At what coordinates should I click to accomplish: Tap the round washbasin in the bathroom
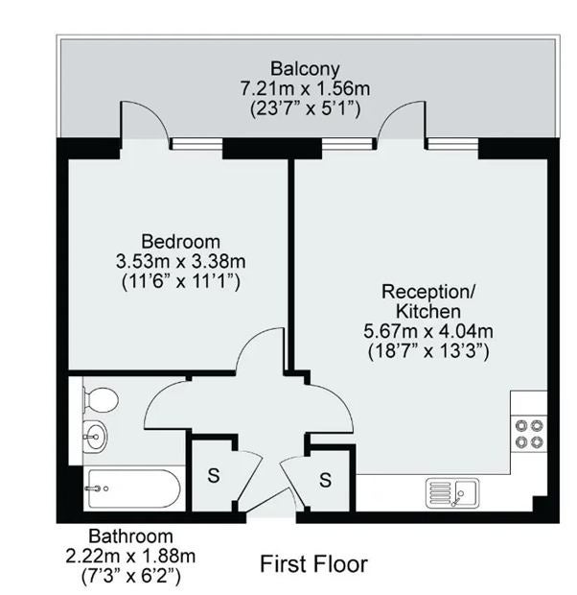(95, 437)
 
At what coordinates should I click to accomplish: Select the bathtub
(134, 488)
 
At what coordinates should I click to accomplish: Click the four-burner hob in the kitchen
(529, 434)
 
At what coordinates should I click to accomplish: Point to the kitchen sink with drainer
(452, 493)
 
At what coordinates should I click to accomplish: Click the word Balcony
(305, 69)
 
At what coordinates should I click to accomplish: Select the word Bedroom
(180, 242)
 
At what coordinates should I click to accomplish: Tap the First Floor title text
(314, 564)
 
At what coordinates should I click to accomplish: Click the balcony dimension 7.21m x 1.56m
(305, 89)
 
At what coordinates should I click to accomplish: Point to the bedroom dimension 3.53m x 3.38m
(180, 261)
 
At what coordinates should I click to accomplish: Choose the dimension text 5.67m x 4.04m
(428, 331)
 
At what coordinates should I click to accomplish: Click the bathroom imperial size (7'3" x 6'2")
(130, 576)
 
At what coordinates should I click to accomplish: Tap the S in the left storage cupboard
(214, 475)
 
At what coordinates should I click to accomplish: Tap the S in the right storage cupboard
(325, 480)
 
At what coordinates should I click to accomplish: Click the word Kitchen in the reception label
(428, 312)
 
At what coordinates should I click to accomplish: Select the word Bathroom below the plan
(130, 536)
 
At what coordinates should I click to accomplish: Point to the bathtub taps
(97, 488)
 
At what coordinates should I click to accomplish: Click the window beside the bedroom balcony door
(196, 144)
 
